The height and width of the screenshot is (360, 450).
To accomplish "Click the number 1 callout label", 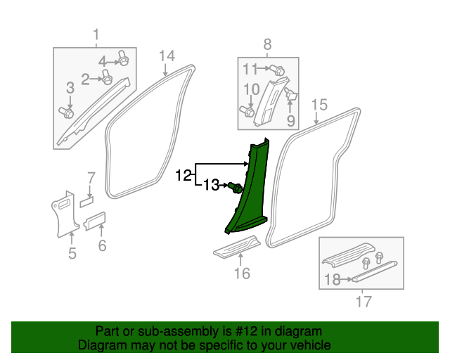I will pyautogui.click(x=96, y=34).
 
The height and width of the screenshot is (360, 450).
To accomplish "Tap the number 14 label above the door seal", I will pyautogui.click(x=167, y=56).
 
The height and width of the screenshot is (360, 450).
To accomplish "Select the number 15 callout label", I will pyautogui.click(x=319, y=105).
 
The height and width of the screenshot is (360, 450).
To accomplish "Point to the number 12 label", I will pyautogui.click(x=183, y=175).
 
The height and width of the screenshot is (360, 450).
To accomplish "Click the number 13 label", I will pyautogui.click(x=212, y=186).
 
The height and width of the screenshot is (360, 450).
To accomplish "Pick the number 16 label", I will pyautogui.click(x=241, y=273).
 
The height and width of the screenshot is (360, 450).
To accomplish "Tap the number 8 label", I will pyautogui.click(x=267, y=46).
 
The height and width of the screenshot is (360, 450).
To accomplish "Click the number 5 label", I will pyautogui.click(x=72, y=253).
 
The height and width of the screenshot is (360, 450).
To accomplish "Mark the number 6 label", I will pyautogui.click(x=102, y=245).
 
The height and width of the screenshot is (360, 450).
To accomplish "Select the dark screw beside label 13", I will pyautogui.click(x=236, y=187).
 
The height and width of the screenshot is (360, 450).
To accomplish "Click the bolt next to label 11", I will pyautogui.click(x=278, y=70).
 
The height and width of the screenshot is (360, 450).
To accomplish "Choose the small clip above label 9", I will pyautogui.click(x=293, y=95).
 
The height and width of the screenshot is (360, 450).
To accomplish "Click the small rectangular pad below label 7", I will pyautogui.click(x=86, y=200).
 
